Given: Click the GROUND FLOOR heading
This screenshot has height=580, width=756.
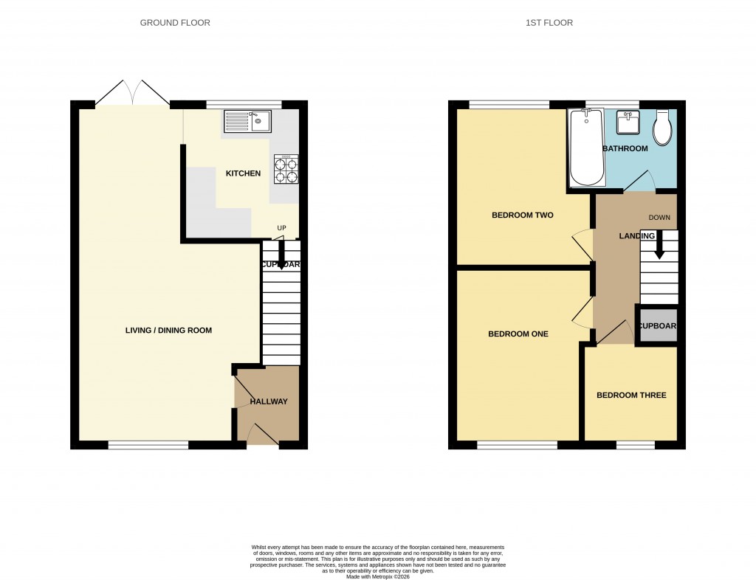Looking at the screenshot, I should click(x=175, y=23).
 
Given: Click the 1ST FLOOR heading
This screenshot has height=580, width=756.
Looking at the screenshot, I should click(x=549, y=23).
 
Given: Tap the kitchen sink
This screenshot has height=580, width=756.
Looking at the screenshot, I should click(x=248, y=121).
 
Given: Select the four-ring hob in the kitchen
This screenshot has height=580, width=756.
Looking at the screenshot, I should click(x=286, y=170).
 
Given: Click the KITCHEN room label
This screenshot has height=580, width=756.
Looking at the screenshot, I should click(x=243, y=173).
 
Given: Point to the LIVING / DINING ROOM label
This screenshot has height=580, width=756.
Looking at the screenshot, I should click(x=168, y=331).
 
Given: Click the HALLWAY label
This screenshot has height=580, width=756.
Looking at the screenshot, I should click(x=268, y=401).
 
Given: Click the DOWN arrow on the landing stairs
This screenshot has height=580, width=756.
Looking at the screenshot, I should click(x=659, y=244).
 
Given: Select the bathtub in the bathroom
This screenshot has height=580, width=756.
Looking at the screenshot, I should click(x=587, y=148).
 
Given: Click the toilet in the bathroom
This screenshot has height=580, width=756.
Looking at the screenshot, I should click(x=662, y=128).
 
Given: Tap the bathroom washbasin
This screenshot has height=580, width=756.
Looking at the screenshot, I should click(x=628, y=122).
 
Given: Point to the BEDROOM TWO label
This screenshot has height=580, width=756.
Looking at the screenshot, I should click(x=523, y=215).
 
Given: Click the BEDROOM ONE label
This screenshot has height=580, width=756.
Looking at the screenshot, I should click(x=518, y=334).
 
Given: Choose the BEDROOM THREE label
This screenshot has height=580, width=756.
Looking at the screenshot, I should click(x=631, y=396).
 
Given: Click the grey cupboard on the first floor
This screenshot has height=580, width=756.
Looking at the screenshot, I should click(x=657, y=326).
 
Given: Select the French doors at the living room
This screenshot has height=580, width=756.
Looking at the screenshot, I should click(x=133, y=94).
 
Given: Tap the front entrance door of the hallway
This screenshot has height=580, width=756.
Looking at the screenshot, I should click(x=262, y=436).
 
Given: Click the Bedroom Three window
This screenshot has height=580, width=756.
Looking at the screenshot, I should click(x=636, y=445).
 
